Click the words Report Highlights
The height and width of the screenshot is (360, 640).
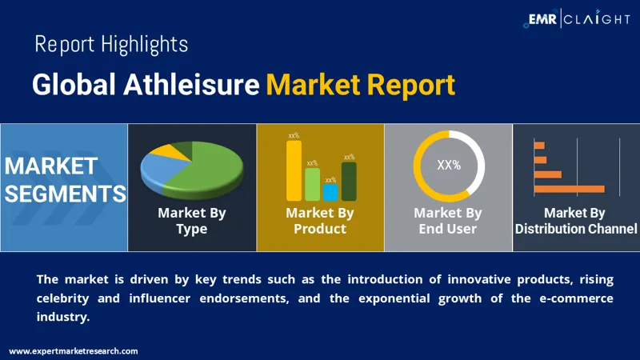click(x=111, y=44)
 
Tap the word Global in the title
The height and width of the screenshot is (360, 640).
click(x=74, y=84)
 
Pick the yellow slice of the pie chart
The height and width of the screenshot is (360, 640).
click(x=169, y=150)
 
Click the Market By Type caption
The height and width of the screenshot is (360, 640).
click(x=192, y=221)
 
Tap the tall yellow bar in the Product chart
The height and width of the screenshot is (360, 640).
click(x=294, y=170)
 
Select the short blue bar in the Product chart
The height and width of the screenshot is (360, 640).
click(x=330, y=192)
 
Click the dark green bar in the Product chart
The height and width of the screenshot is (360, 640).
click(x=349, y=182)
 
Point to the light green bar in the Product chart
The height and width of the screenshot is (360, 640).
click(x=312, y=184)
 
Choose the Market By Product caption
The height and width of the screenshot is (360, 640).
click(x=320, y=221)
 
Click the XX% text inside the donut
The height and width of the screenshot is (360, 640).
click(x=449, y=166)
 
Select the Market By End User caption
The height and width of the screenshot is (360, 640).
click(x=448, y=221)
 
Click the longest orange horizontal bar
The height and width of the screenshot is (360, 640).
click(x=569, y=189)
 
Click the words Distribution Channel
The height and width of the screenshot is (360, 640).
click(x=576, y=230)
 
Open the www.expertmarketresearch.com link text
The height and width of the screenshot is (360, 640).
click(x=74, y=351)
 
